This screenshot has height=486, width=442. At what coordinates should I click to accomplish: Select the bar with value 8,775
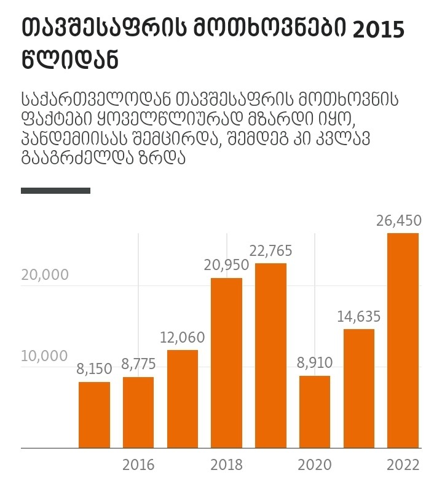tap(138, 412)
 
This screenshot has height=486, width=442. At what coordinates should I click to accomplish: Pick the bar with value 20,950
tap(226, 363)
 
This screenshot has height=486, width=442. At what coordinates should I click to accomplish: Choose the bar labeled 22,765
tap(270, 356)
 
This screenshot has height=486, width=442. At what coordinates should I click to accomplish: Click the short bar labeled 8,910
tap(315, 412)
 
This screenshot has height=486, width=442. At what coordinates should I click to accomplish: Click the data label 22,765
tap(270, 251)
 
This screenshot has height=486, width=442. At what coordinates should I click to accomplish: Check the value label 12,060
tap(183, 338)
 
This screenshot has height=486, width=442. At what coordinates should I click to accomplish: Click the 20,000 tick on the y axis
tap(45, 275)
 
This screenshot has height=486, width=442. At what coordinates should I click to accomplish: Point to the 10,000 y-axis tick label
tap(45, 356)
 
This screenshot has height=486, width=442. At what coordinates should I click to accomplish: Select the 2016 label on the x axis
tap(138, 464)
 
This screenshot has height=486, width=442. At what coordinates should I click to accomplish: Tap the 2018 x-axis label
tap(226, 464)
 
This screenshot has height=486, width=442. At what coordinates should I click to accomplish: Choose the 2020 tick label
tap(315, 464)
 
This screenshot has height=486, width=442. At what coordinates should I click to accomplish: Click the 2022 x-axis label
tap(403, 464)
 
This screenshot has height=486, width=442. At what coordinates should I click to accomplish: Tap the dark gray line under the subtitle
tap(55, 191)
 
